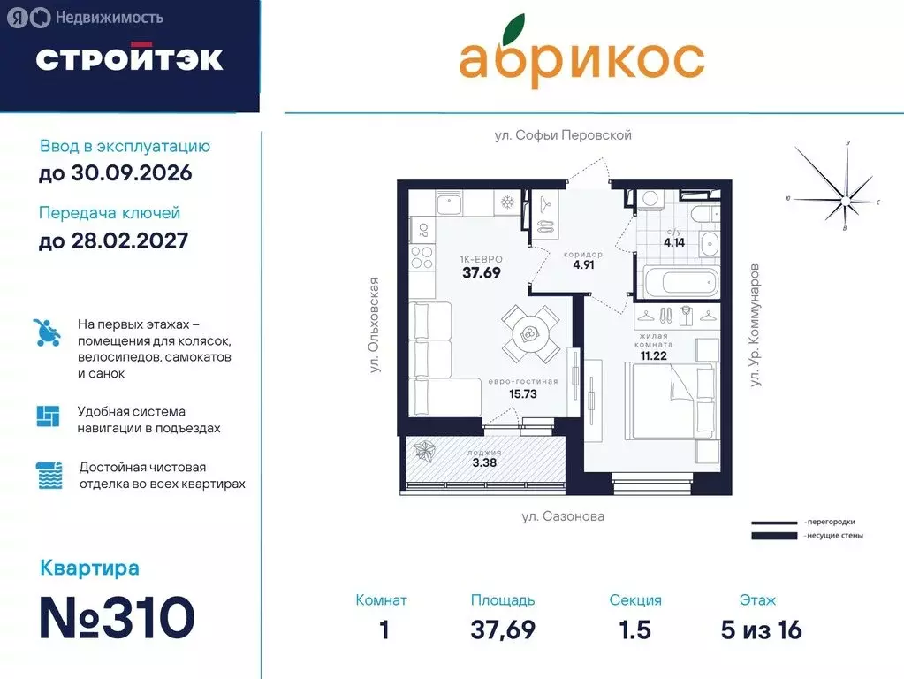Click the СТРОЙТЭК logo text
(129, 59)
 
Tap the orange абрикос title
(581, 59)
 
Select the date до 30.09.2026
(115, 173)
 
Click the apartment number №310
(117, 617)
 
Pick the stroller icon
(47, 332)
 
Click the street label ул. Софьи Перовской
(563, 135)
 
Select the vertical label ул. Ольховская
(375, 325)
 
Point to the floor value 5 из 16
(761, 630)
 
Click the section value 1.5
(634, 630)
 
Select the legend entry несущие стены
(833, 536)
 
